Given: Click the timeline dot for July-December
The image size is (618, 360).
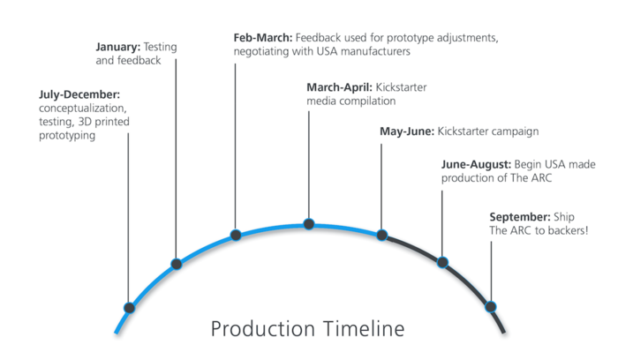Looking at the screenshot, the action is click(x=129, y=308).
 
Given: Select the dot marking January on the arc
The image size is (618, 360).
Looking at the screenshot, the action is click(x=177, y=264).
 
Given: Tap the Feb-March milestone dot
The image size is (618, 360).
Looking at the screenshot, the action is click(x=236, y=235).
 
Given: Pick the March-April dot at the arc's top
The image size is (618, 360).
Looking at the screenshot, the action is click(x=309, y=224).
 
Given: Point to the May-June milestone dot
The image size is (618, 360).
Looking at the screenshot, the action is click(x=382, y=235).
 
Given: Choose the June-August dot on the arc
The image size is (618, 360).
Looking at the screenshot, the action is click(x=442, y=262).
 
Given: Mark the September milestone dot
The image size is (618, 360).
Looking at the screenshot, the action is click(x=491, y=306).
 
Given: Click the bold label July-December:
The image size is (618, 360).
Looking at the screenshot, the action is click(x=79, y=95).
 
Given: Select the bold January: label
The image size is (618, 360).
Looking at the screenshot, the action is click(x=117, y=48).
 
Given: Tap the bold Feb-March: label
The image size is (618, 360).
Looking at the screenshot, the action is click(x=263, y=38).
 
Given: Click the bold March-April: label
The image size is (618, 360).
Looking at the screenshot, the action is click(x=339, y=87).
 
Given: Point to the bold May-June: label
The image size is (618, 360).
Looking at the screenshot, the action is click(x=407, y=131).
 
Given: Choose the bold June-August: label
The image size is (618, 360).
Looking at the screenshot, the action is click(x=476, y=164).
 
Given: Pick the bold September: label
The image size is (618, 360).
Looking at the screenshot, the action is click(x=520, y=217).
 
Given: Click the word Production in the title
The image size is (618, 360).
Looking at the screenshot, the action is click(x=263, y=328).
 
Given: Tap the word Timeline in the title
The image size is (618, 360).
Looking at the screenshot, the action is click(x=364, y=328).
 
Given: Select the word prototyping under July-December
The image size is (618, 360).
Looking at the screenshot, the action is click(x=67, y=136).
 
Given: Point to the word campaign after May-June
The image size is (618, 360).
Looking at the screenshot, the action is click(x=513, y=132).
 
